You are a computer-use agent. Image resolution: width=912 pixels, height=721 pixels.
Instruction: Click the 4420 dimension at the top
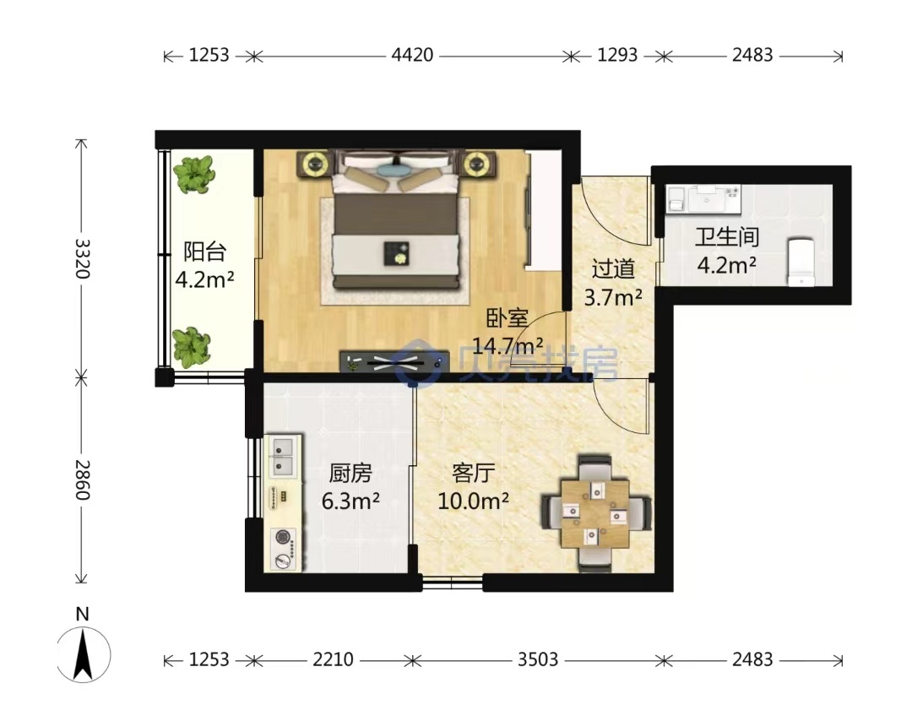pos(412,55)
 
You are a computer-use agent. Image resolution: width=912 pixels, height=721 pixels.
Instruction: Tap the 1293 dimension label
pos(617,55)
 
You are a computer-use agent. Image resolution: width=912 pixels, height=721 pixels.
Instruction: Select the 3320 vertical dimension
pos(82,258)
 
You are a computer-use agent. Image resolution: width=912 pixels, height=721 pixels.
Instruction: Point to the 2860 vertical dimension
pos(82,480)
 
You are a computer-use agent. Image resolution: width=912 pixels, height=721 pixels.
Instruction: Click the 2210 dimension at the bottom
pos(333,659)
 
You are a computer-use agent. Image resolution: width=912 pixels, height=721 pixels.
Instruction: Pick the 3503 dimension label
pos(538,659)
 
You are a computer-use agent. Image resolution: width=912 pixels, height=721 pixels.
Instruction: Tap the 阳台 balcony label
pos(204,252)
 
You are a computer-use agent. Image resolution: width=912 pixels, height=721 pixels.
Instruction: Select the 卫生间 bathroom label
pos(727,236)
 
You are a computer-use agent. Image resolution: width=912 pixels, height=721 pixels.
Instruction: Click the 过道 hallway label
pos(613,269)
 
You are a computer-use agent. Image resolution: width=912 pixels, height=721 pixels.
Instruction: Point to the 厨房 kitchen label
pos(350,474)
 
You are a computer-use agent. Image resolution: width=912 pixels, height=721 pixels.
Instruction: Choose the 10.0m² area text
pos(474,501)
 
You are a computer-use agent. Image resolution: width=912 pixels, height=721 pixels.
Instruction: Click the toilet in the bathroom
pos(801,262)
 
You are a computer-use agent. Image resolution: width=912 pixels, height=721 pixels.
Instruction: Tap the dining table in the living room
pos(595,514)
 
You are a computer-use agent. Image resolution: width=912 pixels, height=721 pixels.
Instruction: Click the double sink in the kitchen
pos(283,457)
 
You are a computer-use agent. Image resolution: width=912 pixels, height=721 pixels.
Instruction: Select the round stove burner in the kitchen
pos(283,537)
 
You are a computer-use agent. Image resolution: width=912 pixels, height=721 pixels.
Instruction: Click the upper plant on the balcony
pos(193,175)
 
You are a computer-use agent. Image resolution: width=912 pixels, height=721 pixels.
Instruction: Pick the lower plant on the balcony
pos(192,348)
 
